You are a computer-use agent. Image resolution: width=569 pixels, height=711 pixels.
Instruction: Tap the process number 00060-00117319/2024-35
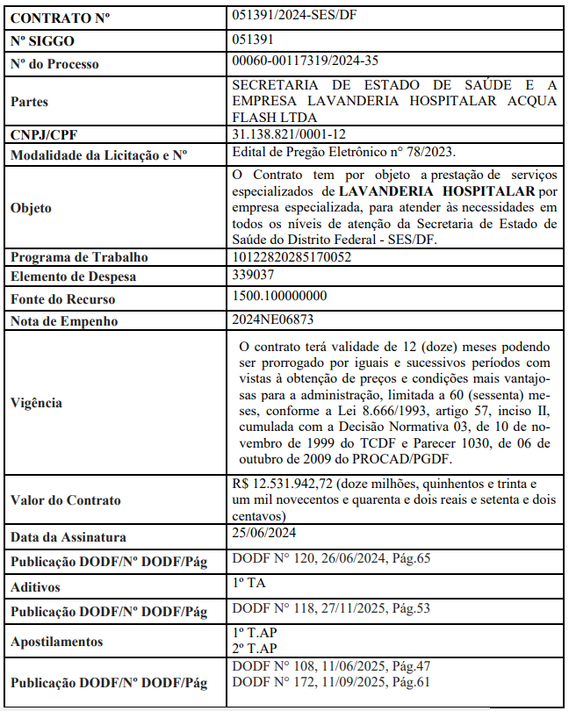pos(306,61)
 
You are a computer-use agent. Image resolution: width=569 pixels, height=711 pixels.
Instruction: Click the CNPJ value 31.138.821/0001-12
pos(289,134)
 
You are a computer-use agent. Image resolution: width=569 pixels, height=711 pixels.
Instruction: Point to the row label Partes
pos(29,102)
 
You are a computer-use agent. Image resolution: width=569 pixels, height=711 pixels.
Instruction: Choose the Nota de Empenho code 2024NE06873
pos(273,320)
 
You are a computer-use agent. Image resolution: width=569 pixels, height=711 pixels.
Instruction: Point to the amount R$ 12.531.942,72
pos(284,485)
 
